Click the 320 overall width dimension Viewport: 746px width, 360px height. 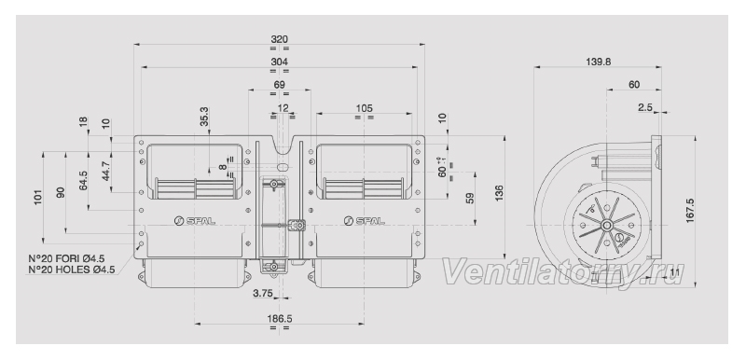(x=279, y=39)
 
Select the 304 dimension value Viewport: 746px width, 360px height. (x=279, y=62)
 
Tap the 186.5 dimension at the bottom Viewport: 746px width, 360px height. (x=279, y=318)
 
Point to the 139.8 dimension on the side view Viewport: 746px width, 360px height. (x=598, y=62)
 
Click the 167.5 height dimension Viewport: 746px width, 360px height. (x=690, y=211)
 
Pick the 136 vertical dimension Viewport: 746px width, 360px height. (x=499, y=193)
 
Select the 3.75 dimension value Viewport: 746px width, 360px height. (x=263, y=294)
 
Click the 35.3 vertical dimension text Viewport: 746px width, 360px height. (x=203, y=116)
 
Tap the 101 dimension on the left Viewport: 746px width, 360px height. (x=38, y=197)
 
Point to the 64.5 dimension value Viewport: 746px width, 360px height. (x=83, y=180)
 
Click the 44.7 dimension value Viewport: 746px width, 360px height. (x=105, y=172)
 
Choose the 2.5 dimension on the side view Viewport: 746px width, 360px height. (x=645, y=108)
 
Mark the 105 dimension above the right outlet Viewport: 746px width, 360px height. (x=364, y=108)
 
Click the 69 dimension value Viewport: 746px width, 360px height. (x=279, y=85)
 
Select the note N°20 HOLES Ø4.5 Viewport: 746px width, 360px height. (x=72, y=270)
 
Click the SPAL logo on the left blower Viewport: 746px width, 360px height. (x=195, y=221)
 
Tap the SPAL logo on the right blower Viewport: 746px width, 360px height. (x=364, y=220)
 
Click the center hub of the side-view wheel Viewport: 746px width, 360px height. (x=606, y=225)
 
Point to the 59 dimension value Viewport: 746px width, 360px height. (x=470, y=198)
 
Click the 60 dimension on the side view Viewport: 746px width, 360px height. (x=634, y=85)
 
